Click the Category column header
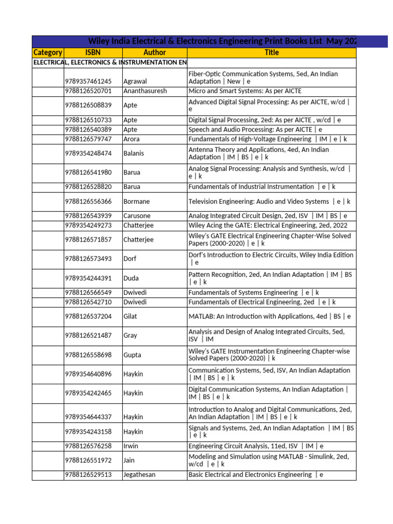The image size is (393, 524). pos(48,53)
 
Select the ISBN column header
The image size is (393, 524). pos(93,53)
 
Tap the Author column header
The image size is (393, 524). pos(155,53)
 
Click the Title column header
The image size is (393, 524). pos(272,53)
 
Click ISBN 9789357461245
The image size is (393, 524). pos(88,81)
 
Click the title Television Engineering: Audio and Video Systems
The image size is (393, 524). pos(259,202)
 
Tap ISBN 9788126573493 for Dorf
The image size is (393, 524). pos(88,259)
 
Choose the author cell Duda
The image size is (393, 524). pos(131,278)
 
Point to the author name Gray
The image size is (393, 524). pos(130,336)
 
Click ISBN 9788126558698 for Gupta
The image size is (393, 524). pos(88,355)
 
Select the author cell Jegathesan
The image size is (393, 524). pos(139,475)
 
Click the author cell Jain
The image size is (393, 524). pos(129,461)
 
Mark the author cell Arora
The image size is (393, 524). pos(132,139)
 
